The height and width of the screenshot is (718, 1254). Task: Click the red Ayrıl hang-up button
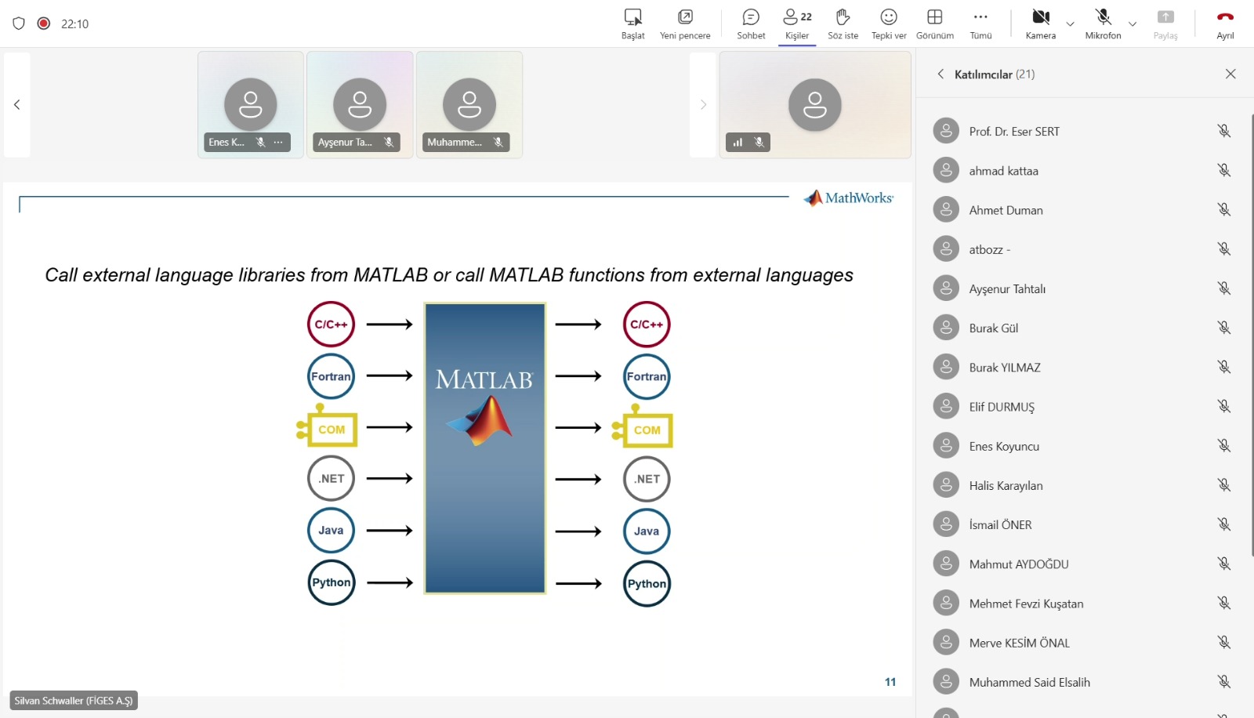[1225, 17]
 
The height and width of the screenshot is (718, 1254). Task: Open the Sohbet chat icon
[751, 17]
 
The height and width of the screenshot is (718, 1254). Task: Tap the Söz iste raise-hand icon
[843, 17]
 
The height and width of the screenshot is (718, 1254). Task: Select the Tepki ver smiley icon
[889, 17]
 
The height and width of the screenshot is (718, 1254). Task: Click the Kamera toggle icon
[1041, 17]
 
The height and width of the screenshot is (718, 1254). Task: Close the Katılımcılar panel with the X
[1230, 74]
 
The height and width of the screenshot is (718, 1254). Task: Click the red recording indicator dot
[44, 24]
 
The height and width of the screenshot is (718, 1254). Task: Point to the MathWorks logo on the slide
[848, 198]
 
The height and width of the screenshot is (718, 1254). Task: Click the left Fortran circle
[331, 375]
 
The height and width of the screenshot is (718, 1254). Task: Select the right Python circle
[647, 584]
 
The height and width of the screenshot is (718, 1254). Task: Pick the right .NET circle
[647, 479]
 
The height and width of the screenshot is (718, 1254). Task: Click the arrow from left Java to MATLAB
[390, 531]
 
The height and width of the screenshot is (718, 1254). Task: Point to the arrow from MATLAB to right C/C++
[578, 325]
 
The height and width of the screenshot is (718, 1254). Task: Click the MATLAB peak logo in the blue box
[480, 420]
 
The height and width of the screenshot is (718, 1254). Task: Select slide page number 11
[890, 682]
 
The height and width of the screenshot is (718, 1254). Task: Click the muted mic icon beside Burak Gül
[1223, 328]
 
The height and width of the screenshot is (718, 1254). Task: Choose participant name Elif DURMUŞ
[1002, 407]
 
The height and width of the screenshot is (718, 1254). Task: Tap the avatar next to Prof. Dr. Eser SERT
[946, 131]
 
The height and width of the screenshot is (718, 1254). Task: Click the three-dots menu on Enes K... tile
[278, 142]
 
